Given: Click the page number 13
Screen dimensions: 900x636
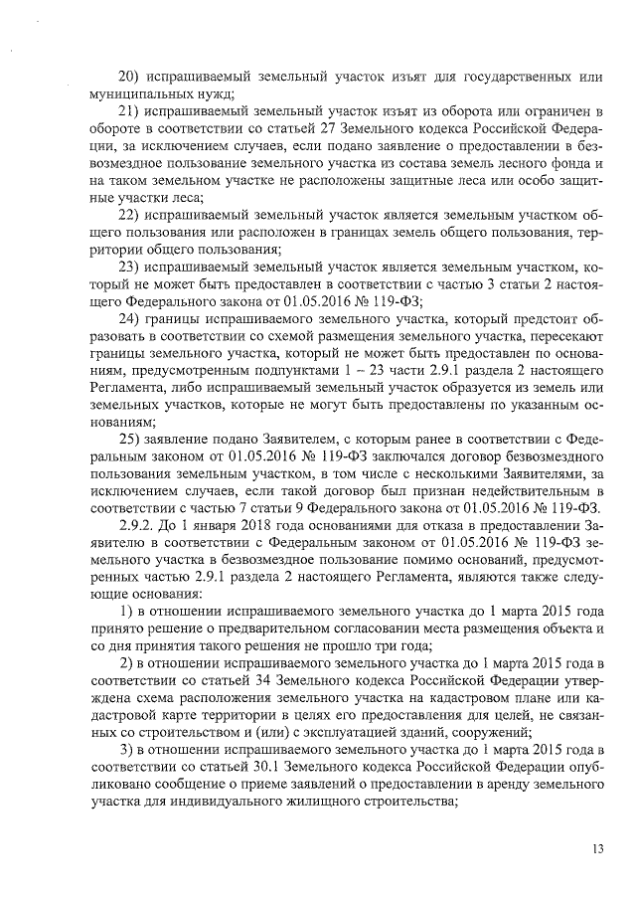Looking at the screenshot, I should pyautogui.click(x=597, y=848).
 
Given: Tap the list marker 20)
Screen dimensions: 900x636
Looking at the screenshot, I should pyautogui.click(x=130, y=77).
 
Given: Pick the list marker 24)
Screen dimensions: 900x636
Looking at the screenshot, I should pyautogui.click(x=130, y=319).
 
